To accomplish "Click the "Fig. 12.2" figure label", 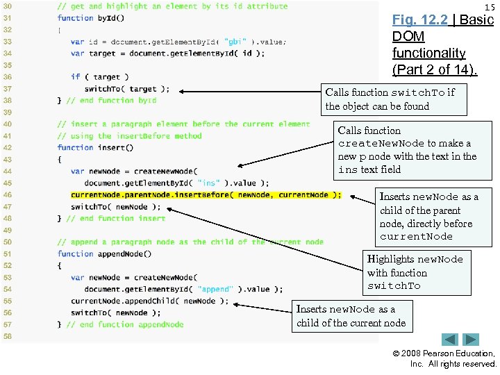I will click(x=421, y=20).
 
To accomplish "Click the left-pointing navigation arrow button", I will click(x=451, y=340).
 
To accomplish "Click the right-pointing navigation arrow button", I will click(x=472, y=340).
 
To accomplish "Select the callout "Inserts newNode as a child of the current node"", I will click(x=351, y=316).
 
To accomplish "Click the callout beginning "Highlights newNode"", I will click(x=415, y=272).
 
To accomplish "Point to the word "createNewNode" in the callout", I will click(x=381, y=144).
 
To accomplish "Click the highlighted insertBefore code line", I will click(x=206, y=195).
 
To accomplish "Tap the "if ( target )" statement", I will click(x=99, y=77).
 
